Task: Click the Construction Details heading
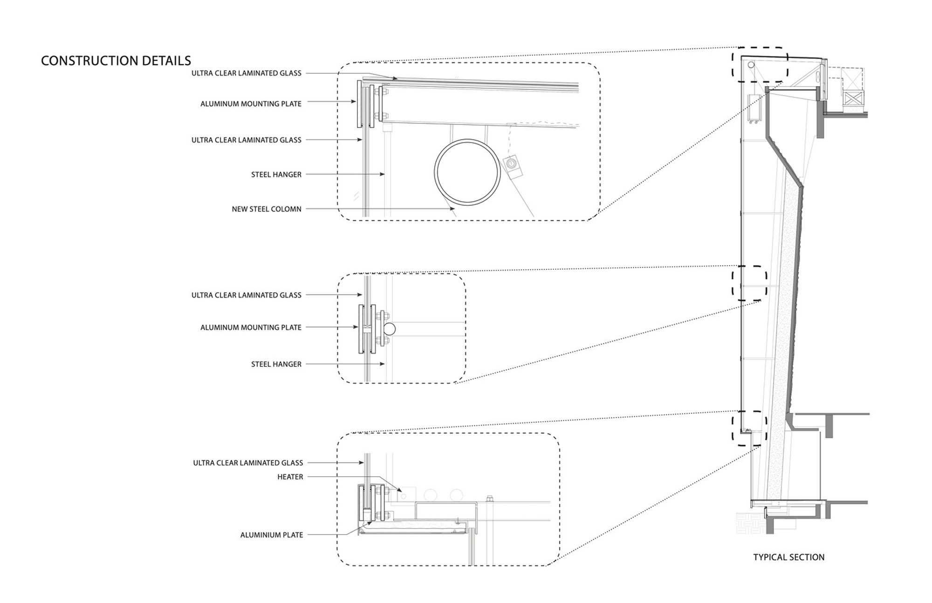coord(116,61)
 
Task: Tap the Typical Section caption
coord(788,557)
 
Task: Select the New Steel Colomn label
coord(267,209)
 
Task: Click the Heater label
coord(290,477)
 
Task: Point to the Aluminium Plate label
coord(272,535)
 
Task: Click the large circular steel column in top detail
coord(467,171)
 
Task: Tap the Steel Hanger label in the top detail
coord(276,175)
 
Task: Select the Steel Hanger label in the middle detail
coord(276,364)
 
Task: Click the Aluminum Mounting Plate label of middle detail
coord(251,328)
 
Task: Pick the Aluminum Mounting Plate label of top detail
coord(251,104)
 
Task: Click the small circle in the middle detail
coord(390,329)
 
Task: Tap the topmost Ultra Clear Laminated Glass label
coord(246,73)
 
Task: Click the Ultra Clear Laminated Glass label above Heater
coord(248,463)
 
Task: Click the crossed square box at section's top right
coord(854,98)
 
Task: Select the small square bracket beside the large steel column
coord(513,165)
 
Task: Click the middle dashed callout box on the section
coord(749,283)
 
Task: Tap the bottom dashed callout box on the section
coord(749,428)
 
